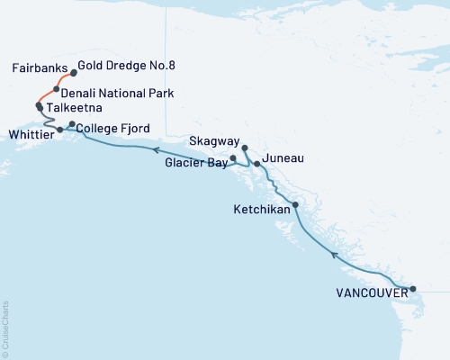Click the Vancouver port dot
[x=413, y=290]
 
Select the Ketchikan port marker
[x=296, y=206]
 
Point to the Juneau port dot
[x=257, y=165]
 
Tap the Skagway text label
[x=214, y=142]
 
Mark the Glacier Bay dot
[x=233, y=158]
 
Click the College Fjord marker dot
[x=72, y=124]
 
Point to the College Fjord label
[x=114, y=128]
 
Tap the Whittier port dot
[x=59, y=130]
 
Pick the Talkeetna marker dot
[x=39, y=106]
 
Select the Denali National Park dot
[x=57, y=90]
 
